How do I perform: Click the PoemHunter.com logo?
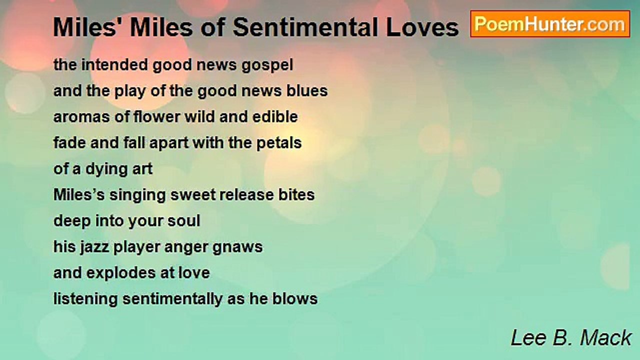coord(549,23)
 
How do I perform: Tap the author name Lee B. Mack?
coord(571,338)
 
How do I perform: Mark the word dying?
coord(105,169)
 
